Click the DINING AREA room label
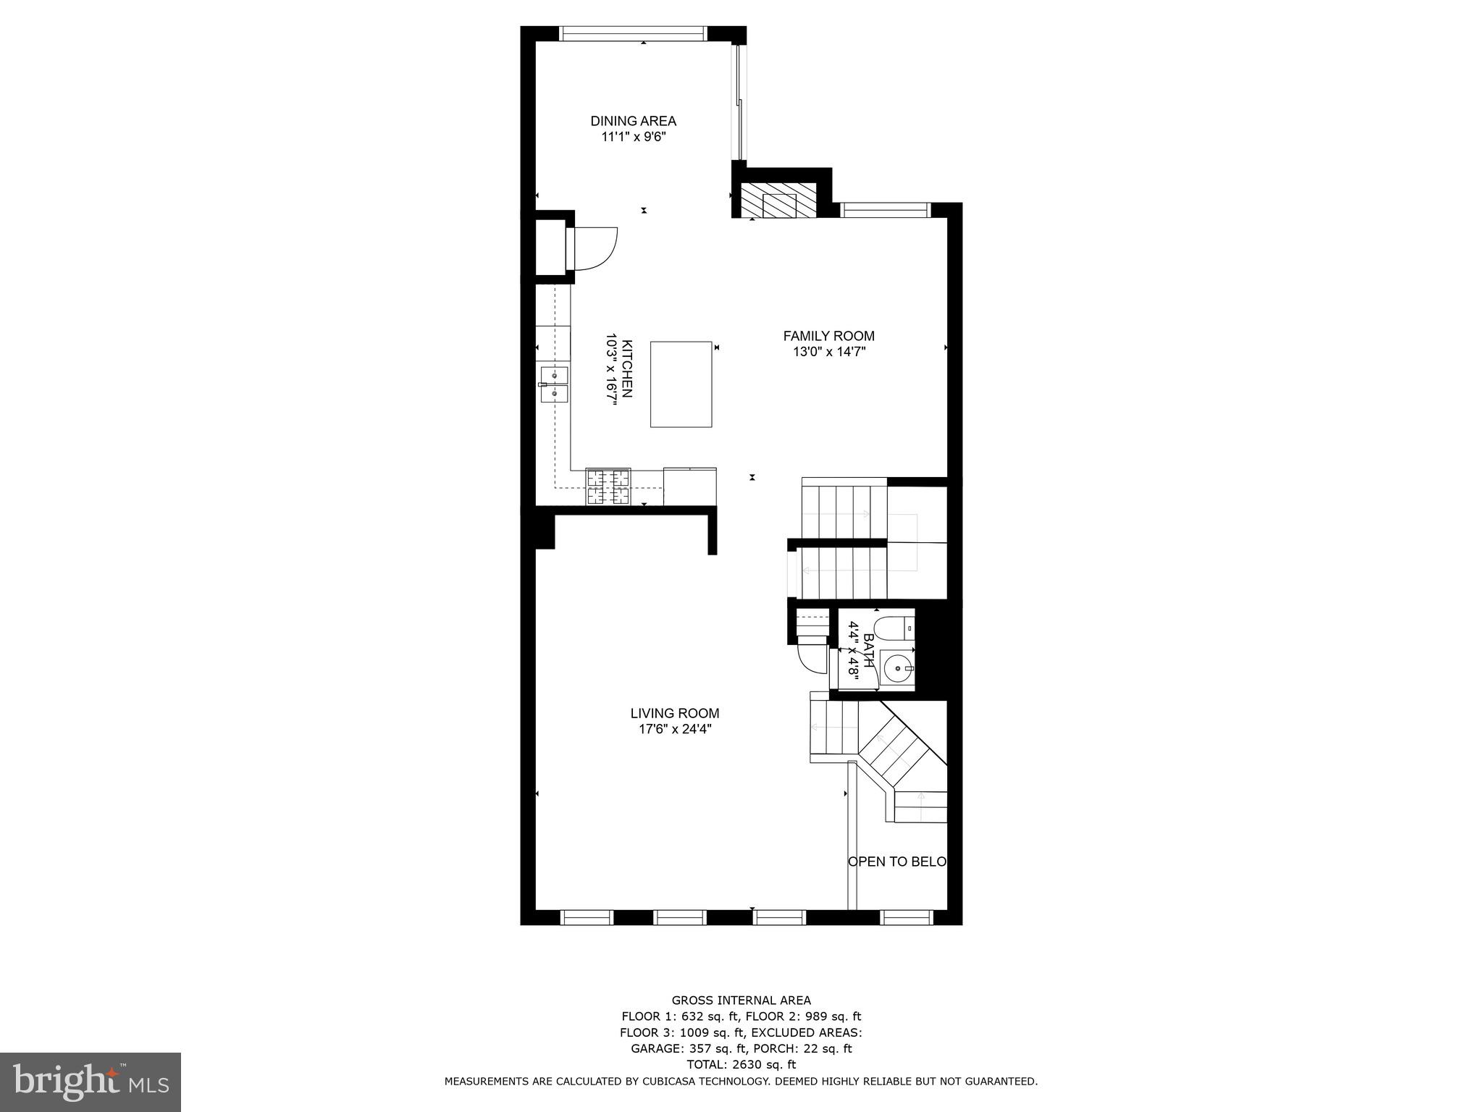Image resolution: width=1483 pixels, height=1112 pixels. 633,121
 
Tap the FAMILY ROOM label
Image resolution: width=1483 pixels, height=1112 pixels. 828,336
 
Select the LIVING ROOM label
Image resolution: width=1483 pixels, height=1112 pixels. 674,713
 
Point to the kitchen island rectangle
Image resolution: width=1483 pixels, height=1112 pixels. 681,384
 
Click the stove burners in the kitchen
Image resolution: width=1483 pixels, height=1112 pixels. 608,486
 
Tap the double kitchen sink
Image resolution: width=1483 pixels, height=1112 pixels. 554,384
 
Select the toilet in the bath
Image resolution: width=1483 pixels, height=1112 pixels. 896,628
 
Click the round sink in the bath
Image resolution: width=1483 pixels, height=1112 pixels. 899,669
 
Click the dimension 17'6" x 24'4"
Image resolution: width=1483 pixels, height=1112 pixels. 674,730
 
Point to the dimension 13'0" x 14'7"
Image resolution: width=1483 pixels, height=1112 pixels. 828,353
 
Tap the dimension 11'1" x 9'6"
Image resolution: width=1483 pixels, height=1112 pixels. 633,137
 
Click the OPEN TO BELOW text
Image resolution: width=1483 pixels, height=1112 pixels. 897,862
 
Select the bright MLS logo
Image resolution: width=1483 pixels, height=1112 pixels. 91,1082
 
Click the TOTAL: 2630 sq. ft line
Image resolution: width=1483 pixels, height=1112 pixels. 741,1064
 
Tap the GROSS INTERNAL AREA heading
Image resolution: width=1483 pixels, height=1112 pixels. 741,1001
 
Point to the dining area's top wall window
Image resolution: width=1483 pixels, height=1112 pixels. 633,33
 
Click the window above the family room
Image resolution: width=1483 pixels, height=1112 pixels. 884,210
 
